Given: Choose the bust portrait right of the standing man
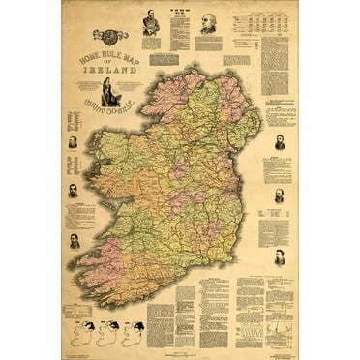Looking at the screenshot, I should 208,23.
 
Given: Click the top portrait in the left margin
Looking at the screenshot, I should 74,143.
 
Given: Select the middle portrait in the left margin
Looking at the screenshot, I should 74,191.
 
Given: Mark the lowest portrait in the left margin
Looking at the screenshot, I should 75,239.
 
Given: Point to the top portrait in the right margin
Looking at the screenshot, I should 280,143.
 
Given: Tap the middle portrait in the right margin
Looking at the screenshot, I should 280,196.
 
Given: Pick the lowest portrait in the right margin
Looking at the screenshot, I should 280,257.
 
